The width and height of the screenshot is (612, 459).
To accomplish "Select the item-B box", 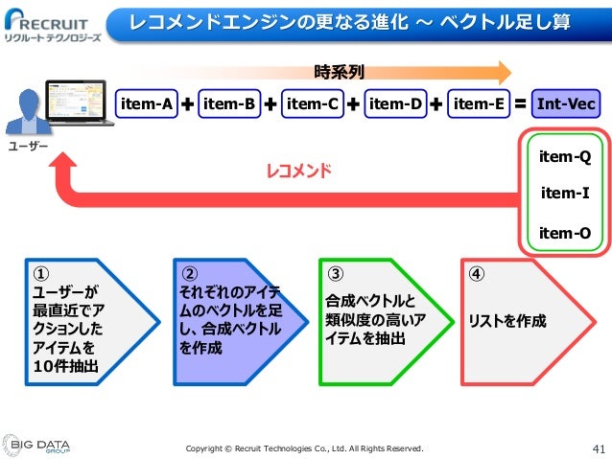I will (229, 103).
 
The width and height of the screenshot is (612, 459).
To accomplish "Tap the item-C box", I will (312, 103).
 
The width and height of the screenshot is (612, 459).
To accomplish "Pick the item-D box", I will (395, 103).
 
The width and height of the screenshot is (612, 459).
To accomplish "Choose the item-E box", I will (478, 103).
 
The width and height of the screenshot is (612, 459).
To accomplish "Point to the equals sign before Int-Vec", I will (521, 103).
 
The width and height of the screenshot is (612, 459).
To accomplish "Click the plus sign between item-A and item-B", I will (186, 103).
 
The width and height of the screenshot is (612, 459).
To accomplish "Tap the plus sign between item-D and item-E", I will (436, 103).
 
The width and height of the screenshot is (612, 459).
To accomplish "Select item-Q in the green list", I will (564, 155).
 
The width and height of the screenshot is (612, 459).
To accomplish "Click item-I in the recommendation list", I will (564, 193).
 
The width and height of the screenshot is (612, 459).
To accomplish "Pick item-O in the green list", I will (564, 232).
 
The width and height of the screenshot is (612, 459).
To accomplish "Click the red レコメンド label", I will (298, 172).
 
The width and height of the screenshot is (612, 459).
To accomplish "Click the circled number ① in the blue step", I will (39, 272).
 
